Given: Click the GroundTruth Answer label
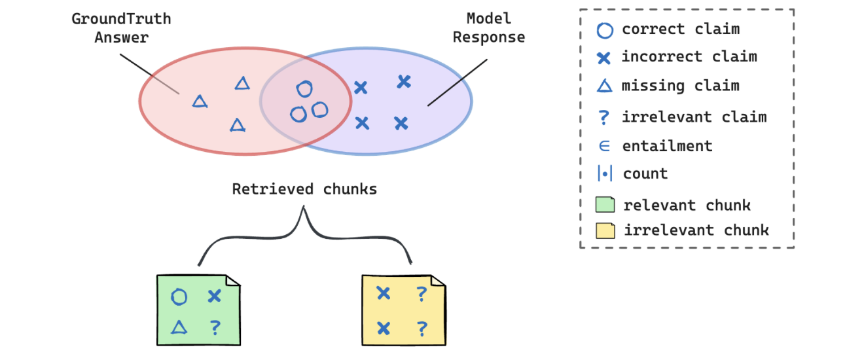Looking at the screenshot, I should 121,27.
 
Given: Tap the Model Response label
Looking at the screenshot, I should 489,27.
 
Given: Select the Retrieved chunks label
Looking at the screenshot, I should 304,189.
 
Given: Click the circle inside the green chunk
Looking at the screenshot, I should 179,297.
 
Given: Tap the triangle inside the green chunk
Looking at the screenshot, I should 179,327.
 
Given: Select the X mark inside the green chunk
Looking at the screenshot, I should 214,297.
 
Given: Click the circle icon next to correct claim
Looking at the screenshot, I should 604,30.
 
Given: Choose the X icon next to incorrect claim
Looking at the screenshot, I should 604,58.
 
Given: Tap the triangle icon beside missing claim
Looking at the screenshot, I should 604,86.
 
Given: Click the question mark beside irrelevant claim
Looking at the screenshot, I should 604,117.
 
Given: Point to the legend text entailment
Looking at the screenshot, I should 667,146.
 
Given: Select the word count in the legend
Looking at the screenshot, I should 645,173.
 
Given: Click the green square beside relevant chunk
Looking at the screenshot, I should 605,205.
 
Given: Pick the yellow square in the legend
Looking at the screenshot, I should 605,230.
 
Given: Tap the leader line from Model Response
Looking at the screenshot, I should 458,82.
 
